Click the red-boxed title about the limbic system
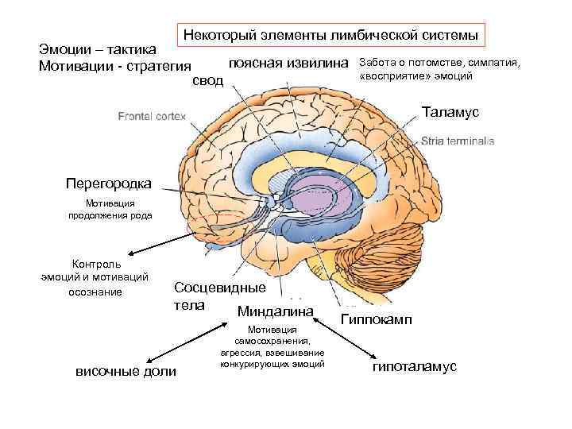330,35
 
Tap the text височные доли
126,372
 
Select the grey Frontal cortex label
152,117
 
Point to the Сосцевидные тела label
218,295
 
